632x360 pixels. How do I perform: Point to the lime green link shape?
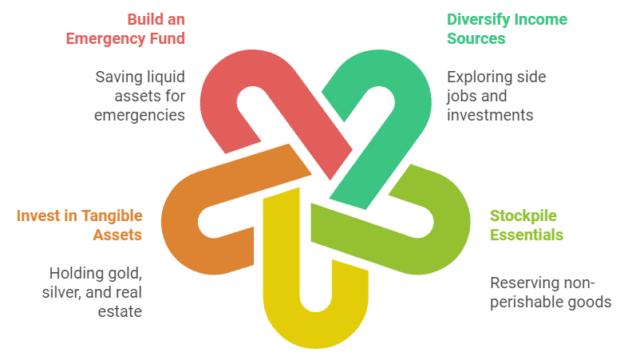pos(443,231)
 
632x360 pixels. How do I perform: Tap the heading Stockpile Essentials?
pos(527,225)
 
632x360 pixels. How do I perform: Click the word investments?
pos(490,115)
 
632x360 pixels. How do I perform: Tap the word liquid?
pos(160,77)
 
